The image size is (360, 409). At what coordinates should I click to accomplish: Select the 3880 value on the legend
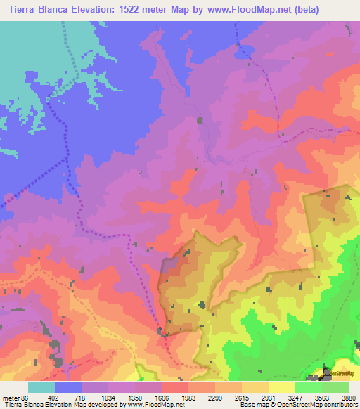(x=349, y=398)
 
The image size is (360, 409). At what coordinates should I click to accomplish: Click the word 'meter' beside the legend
(x=11, y=398)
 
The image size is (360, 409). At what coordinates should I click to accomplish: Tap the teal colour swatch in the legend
(x=41, y=387)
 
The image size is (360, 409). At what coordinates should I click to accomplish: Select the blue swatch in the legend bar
(x=68, y=387)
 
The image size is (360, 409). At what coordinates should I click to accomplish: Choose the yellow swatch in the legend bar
(x=282, y=387)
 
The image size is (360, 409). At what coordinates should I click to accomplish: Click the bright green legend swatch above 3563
(x=309, y=387)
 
